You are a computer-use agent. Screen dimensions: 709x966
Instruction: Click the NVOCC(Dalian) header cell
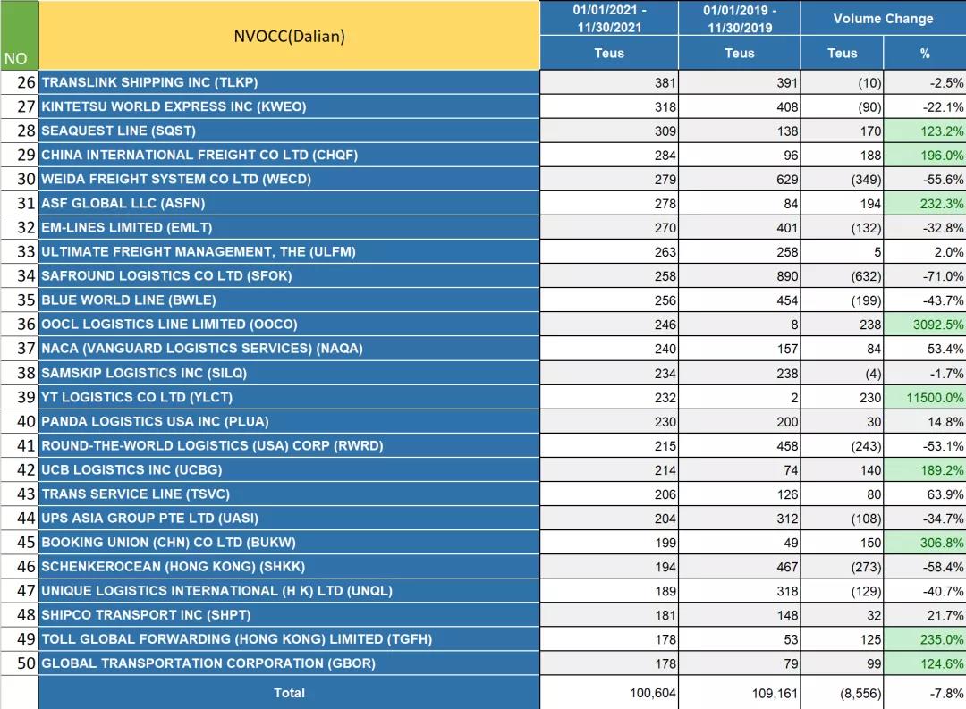(289, 37)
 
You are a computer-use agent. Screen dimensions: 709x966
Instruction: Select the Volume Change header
(882, 19)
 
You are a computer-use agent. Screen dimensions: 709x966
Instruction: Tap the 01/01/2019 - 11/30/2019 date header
(739, 19)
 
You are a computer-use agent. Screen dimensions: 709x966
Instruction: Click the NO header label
(16, 59)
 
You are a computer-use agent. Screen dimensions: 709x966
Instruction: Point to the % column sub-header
(924, 54)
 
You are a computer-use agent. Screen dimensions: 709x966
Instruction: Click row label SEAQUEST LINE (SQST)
(118, 131)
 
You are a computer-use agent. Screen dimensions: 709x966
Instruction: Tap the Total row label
(289, 693)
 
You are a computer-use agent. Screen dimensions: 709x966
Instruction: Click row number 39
(26, 397)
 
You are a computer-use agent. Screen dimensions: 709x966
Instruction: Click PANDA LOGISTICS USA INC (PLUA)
(155, 421)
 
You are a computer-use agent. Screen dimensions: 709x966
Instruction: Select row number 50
(26, 663)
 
